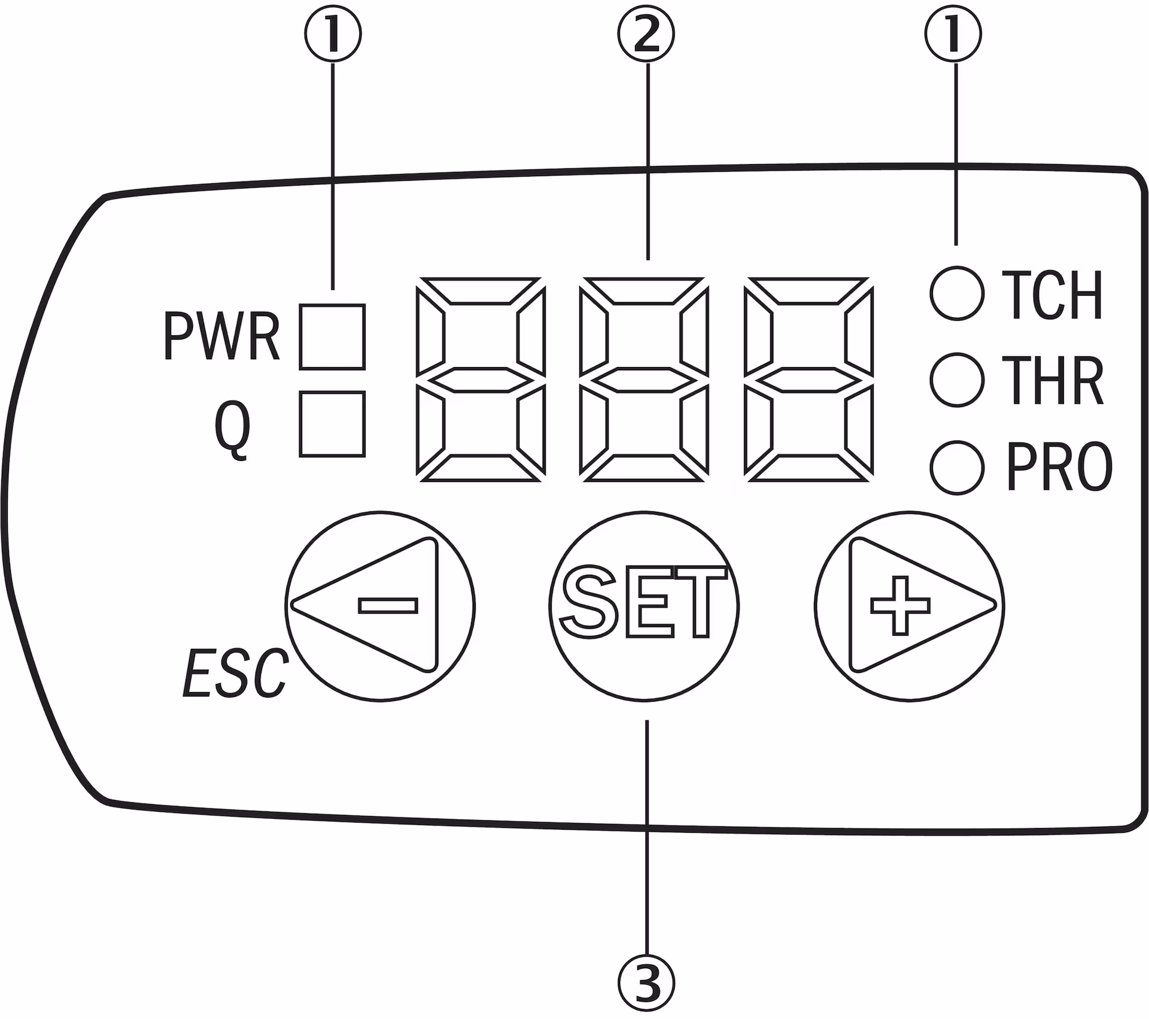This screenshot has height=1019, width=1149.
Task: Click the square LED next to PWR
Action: coord(332,336)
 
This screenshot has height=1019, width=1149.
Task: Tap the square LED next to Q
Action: coord(332,424)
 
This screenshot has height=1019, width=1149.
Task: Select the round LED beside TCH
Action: coord(956,293)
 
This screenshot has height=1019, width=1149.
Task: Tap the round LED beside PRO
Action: coord(956,468)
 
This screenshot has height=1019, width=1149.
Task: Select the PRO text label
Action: coord(1059,468)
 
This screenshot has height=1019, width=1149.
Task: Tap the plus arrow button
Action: coord(909,605)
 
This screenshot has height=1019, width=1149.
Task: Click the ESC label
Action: coord(235,675)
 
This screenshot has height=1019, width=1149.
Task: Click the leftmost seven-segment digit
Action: coord(480,379)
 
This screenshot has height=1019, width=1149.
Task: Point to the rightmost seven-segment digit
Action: coord(808,379)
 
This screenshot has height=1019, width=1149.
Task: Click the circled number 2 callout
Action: coord(646,37)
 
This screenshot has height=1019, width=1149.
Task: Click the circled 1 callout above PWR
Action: coord(333,37)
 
